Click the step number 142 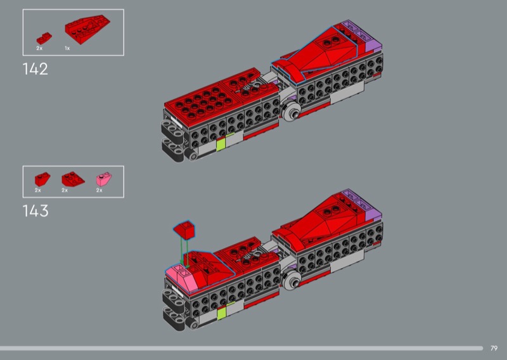click(x=35, y=69)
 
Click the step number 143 click(x=35, y=211)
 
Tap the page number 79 click(x=494, y=349)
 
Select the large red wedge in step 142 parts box click(x=87, y=29)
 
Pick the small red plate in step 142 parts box click(x=44, y=38)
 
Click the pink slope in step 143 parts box click(x=104, y=179)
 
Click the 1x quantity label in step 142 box click(x=67, y=48)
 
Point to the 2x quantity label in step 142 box click(x=39, y=48)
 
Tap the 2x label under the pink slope click(x=99, y=190)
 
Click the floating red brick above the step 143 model click(x=184, y=230)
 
